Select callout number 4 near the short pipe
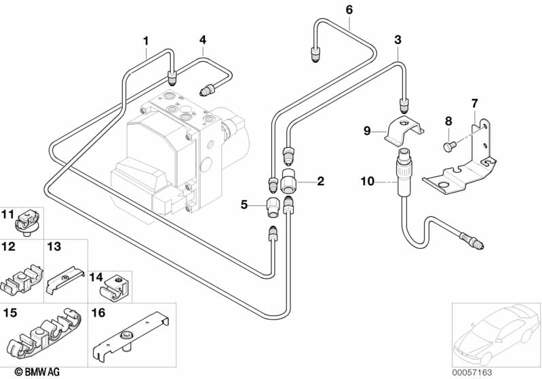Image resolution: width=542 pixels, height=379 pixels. pos(202,41)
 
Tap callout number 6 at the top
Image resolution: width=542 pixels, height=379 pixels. pos(349,9)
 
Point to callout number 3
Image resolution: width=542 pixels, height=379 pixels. pos(398,40)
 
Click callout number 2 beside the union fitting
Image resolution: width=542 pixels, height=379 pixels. pos(320,181)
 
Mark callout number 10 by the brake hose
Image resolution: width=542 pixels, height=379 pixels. pos(367,181)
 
